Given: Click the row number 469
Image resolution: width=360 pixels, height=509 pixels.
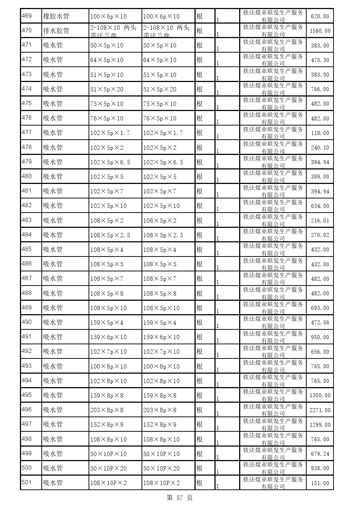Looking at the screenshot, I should [x=27, y=16].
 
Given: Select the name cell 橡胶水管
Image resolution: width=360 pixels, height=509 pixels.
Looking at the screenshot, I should [x=56, y=16].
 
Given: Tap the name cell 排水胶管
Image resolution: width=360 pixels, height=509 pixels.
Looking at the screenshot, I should [x=56, y=31].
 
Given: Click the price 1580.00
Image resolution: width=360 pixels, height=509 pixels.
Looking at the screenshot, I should [x=320, y=31].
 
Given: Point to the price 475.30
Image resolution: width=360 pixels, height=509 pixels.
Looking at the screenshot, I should [x=320, y=60].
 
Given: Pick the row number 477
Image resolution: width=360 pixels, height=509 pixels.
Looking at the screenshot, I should [x=27, y=132].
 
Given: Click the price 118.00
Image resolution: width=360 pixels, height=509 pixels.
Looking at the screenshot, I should [x=320, y=133].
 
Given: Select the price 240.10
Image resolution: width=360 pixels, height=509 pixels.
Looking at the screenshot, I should [x=320, y=148].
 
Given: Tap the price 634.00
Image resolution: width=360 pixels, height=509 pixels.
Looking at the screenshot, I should [x=320, y=206].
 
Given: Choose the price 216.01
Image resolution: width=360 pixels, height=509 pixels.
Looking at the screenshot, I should [x=320, y=221].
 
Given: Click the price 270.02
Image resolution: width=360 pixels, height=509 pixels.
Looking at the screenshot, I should [x=320, y=235].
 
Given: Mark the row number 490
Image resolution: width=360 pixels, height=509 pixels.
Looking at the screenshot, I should [x=27, y=322].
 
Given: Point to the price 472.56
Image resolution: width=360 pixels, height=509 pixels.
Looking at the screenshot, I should [x=320, y=323].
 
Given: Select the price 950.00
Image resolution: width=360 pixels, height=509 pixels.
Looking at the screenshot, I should [x=320, y=337].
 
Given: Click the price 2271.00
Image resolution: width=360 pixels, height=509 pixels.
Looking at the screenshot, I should [x=320, y=410].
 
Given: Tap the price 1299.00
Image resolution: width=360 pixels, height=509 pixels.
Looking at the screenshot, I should [x=320, y=425].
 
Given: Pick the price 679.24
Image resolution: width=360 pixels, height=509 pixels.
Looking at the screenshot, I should [x=320, y=454].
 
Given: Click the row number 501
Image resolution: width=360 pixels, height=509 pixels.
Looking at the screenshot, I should [x=27, y=483].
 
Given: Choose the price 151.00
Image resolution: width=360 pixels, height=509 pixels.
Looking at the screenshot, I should [x=320, y=483].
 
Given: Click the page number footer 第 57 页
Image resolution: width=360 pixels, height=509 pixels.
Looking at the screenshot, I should [x=180, y=498].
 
